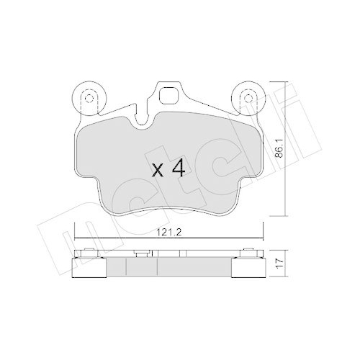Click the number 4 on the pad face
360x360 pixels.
(x=180, y=170)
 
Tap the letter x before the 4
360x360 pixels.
(x=159, y=171)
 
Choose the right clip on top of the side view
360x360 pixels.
(x=251, y=252)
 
